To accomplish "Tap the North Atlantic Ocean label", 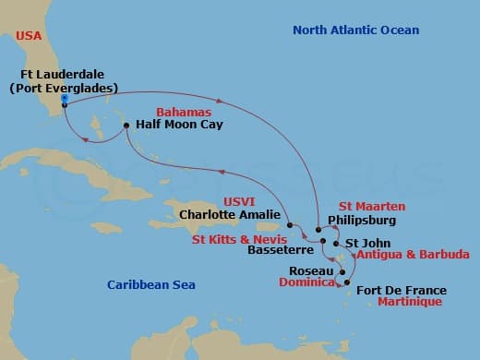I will (x=355, y=30).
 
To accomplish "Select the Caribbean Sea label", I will (x=150, y=285).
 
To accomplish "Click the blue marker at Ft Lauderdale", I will (x=64, y=99).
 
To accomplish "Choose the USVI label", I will (x=239, y=200).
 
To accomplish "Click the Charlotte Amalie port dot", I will (x=289, y=224).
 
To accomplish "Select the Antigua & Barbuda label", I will (x=412, y=254).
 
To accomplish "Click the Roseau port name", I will (x=311, y=271).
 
